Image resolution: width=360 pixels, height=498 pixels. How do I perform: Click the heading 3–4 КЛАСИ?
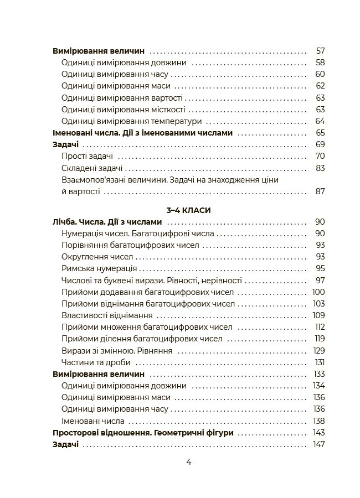coord(188,210)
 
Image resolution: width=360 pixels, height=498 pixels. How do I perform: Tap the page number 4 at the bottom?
coord(188,463)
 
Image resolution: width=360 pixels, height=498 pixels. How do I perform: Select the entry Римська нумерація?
coord(99,269)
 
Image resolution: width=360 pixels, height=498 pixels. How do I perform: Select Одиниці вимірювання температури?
coord(132,121)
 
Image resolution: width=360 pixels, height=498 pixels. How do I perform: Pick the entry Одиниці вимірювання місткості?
coord(124,110)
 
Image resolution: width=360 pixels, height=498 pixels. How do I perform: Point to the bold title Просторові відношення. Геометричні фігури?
coord(143,433)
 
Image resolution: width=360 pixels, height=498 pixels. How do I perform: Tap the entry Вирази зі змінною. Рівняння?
coord(117,351)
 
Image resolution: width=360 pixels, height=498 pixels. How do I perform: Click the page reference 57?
coord(320,51)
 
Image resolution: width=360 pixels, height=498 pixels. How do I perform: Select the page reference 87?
coord(320,192)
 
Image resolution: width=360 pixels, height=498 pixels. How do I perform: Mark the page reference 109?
coord(318,315)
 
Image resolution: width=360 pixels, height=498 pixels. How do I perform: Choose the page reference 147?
coord(318,444)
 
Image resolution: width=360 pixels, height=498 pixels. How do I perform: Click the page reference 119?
coord(319,339)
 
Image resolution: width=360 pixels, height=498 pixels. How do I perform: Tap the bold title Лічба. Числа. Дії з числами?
coord(107,222)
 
